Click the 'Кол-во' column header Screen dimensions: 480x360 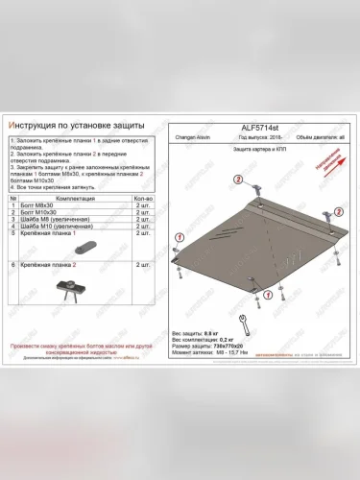click(x=144, y=198)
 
